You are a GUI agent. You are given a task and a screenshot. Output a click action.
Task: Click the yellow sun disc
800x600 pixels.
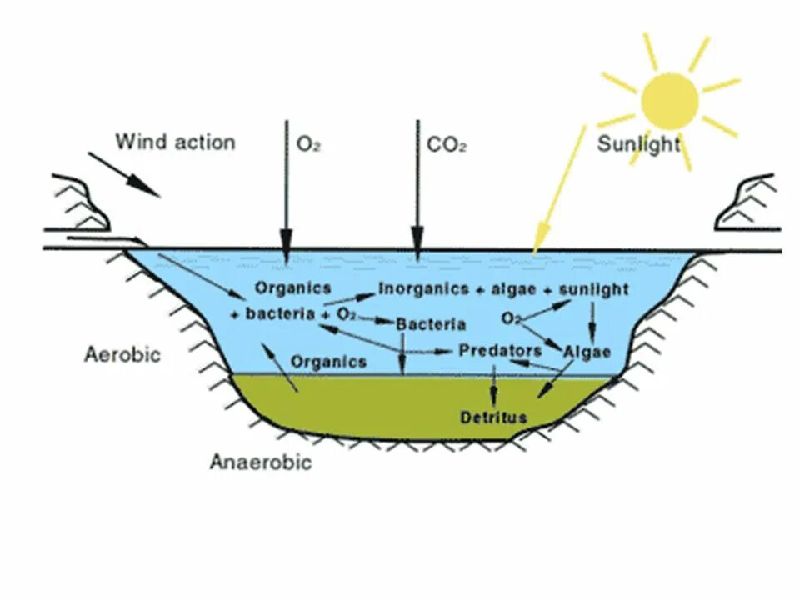pyautogui.click(x=669, y=101)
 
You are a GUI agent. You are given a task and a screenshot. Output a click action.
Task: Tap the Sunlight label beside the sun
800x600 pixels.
pyautogui.click(x=638, y=144)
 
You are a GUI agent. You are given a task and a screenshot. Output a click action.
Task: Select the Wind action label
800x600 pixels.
pyautogui.click(x=175, y=141)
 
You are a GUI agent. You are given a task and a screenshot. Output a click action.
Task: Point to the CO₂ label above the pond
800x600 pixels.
pyautogui.click(x=446, y=144)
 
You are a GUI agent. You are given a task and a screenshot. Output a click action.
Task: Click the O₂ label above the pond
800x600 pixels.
pyautogui.click(x=308, y=144)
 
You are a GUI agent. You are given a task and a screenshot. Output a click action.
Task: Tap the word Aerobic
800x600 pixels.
pyautogui.click(x=122, y=354)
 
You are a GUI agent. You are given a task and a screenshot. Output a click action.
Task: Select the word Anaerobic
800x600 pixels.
pyautogui.click(x=261, y=462)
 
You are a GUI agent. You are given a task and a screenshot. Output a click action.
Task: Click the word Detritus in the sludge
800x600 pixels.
pyautogui.click(x=493, y=416)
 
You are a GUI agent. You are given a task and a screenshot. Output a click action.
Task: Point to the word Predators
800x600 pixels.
pyautogui.click(x=499, y=351)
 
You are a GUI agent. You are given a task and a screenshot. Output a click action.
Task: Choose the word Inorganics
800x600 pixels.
pyautogui.click(x=423, y=289)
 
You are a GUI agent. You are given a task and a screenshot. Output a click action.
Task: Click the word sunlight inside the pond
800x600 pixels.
pyautogui.click(x=593, y=289)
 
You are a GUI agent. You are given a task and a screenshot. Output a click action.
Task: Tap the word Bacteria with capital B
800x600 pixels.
pyautogui.click(x=431, y=323)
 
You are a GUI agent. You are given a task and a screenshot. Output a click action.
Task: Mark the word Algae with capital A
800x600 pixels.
pyautogui.click(x=587, y=351)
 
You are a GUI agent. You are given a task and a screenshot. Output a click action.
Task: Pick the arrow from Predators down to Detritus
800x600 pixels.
pyautogui.click(x=493, y=384)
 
